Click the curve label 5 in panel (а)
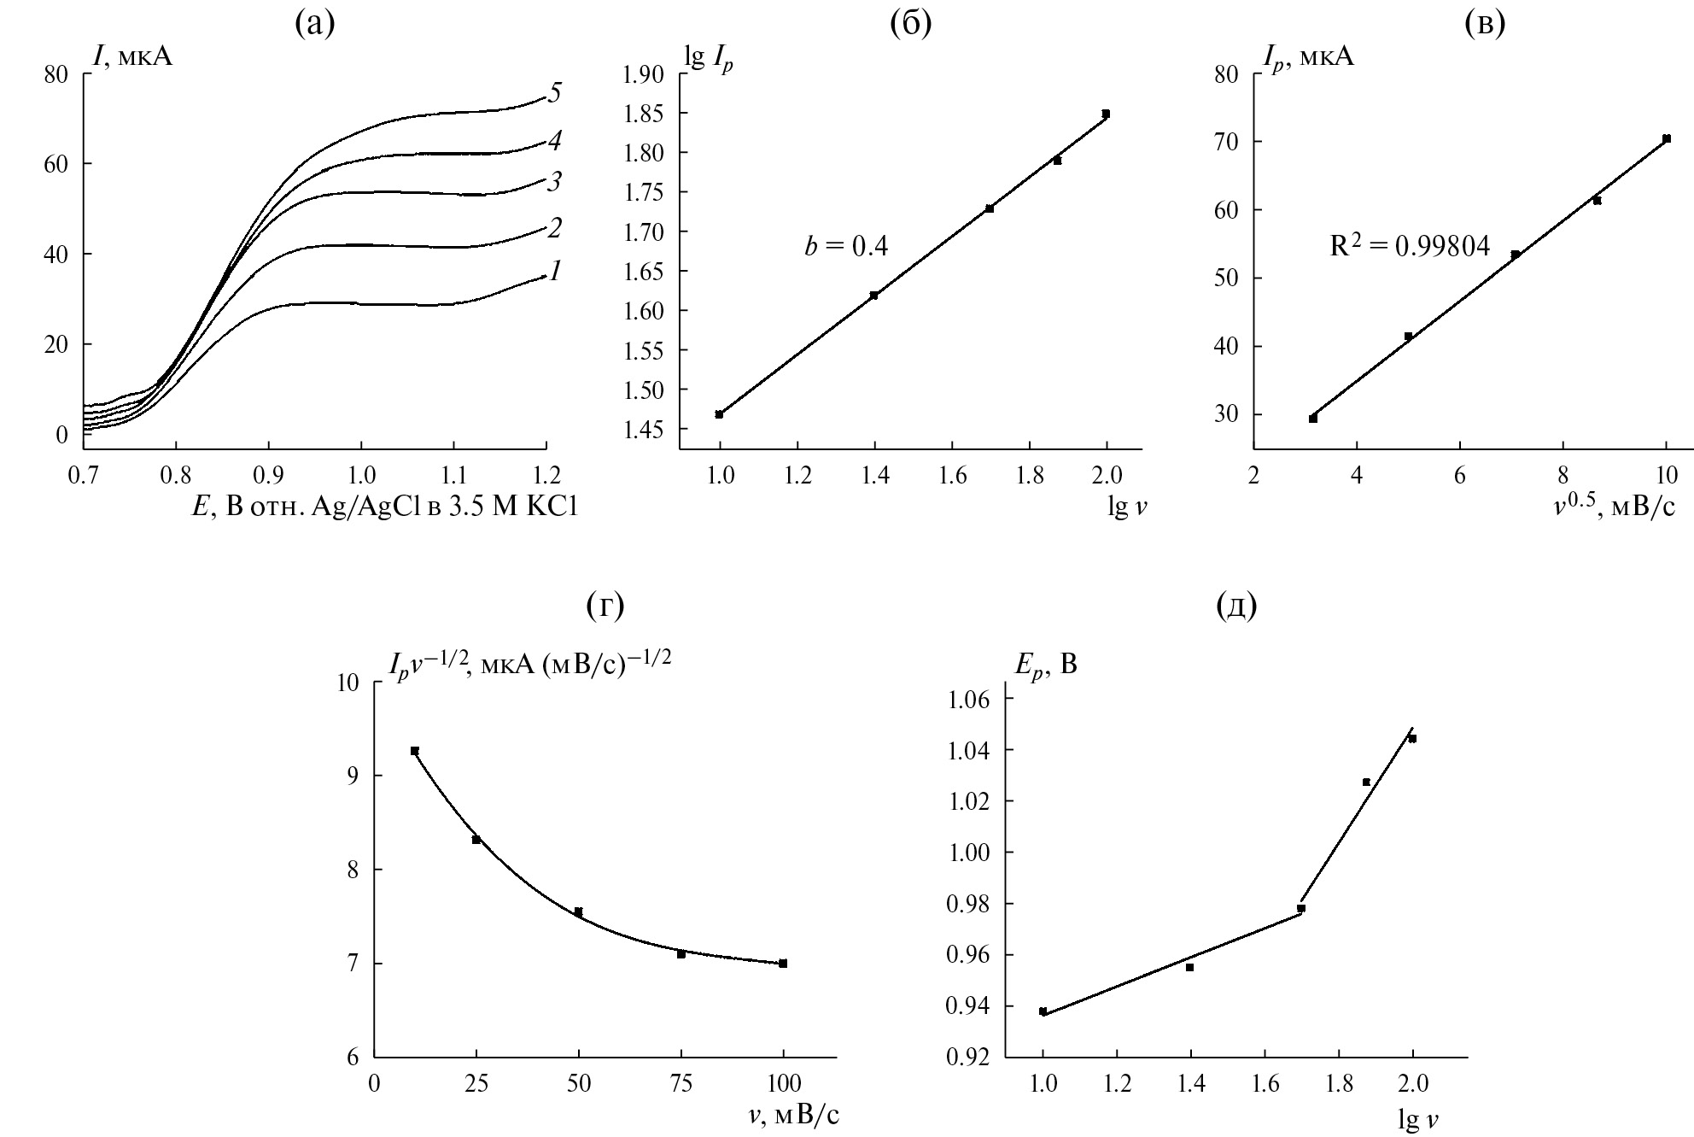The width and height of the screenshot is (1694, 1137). point(554,92)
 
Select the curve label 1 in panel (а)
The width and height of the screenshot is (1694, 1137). point(555,272)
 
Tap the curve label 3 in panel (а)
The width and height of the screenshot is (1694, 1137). point(554,181)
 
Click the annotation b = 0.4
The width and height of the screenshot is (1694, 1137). point(845,247)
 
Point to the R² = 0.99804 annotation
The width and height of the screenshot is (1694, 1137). point(1409,247)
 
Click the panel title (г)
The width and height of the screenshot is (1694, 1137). point(605,606)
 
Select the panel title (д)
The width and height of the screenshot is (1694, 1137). point(1236,606)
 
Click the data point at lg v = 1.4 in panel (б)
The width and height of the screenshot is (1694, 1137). point(873,296)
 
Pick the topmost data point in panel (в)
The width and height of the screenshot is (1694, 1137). point(1666,138)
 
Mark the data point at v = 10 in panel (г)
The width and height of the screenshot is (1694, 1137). point(415,751)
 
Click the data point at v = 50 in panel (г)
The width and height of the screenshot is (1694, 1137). point(578,912)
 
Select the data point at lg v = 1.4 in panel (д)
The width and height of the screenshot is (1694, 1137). point(1189,967)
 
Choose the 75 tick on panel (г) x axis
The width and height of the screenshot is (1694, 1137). point(681,1084)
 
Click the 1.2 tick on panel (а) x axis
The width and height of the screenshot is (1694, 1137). point(546,472)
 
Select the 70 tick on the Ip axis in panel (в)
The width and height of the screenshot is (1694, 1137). point(1226,141)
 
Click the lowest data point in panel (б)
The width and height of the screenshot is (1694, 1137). point(719,414)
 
